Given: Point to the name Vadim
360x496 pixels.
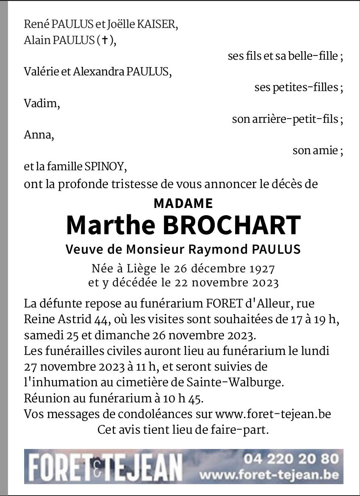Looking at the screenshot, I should click(x=41, y=103).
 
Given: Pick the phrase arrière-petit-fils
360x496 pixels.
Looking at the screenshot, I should click(x=295, y=119).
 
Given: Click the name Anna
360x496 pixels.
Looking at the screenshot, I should click(x=38, y=135).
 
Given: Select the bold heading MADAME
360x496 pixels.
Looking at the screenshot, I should click(x=183, y=203).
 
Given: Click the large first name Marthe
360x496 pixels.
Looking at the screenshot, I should click(x=111, y=225).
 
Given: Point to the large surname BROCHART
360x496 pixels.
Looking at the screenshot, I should click(x=231, y=225).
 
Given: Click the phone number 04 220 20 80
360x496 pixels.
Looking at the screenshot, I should click(x=291, y=459).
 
